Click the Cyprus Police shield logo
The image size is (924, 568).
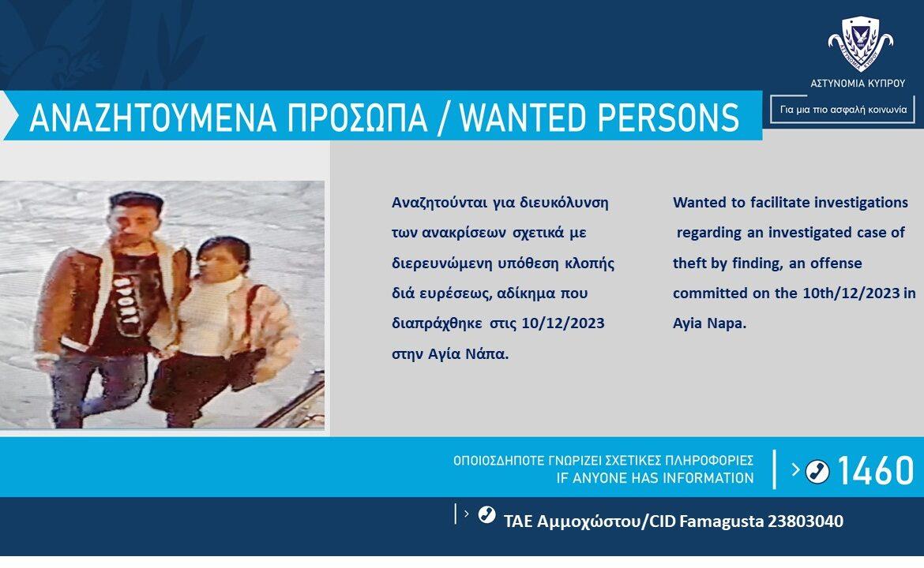pos(860,44)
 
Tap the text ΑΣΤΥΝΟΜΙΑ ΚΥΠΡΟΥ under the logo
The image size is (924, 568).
pos(858,84)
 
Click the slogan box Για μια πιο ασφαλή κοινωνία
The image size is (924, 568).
pos(843,110)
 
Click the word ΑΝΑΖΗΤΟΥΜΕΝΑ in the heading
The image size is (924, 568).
pos(152,117)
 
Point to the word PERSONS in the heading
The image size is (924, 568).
pos(669,117)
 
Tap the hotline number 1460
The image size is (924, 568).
pos(875,470)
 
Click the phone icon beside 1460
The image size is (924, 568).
pos(817,471)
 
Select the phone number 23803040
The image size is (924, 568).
pos(805,521)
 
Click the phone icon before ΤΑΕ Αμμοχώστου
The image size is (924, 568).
pos(486,514)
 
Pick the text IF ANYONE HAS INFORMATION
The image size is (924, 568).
pos(655,478)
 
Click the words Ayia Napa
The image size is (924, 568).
pos(709,323)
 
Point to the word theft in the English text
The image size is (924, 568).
pos(689,263)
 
